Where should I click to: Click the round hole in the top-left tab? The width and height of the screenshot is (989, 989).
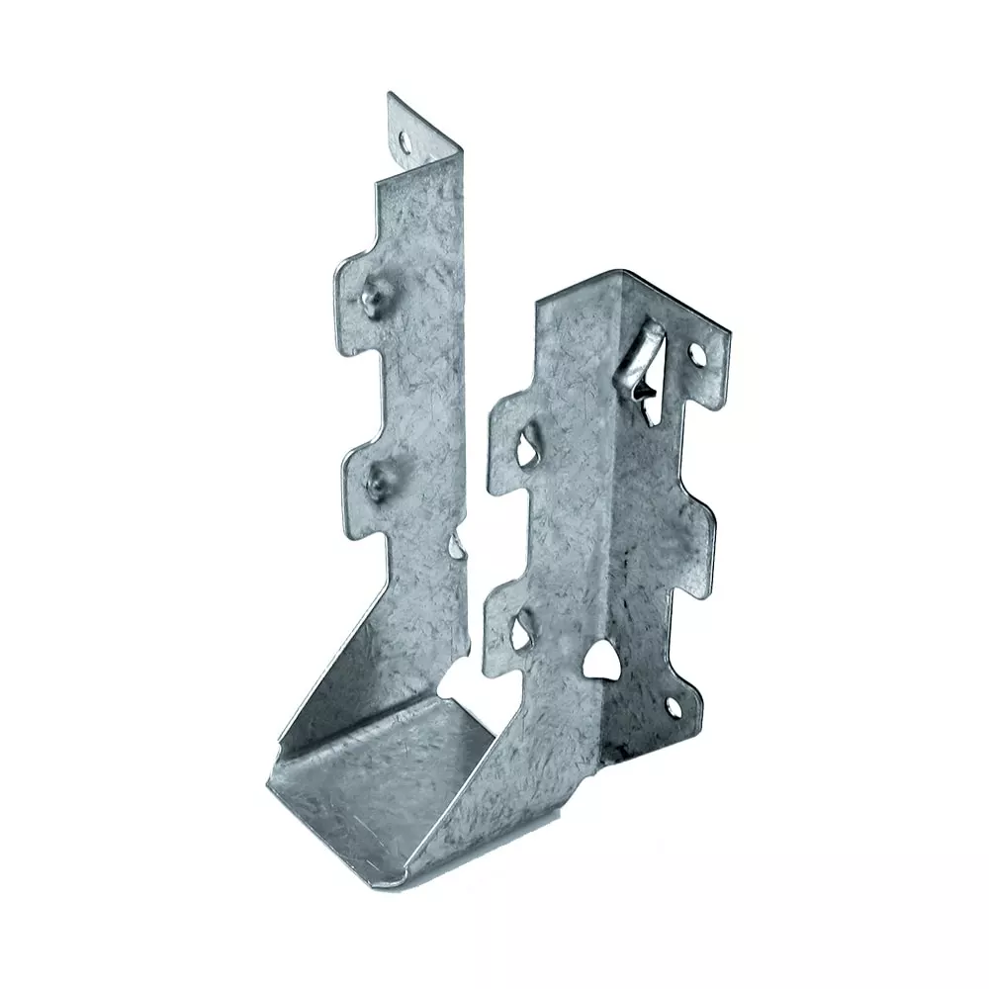405,141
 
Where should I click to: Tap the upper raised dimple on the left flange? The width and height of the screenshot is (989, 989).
372,295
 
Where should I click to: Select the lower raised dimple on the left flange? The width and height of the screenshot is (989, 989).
376,482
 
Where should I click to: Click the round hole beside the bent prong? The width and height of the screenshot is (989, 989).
696,352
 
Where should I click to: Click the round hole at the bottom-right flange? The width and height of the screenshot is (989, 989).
674,706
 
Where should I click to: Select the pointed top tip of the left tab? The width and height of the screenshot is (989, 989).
390,95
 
